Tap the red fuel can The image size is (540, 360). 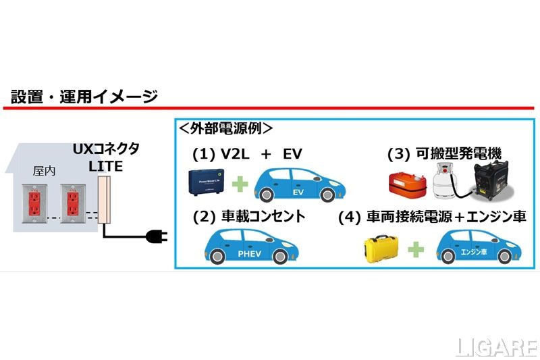point(407,184)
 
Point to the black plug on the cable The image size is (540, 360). point(155,236)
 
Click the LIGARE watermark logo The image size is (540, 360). point(494,347)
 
